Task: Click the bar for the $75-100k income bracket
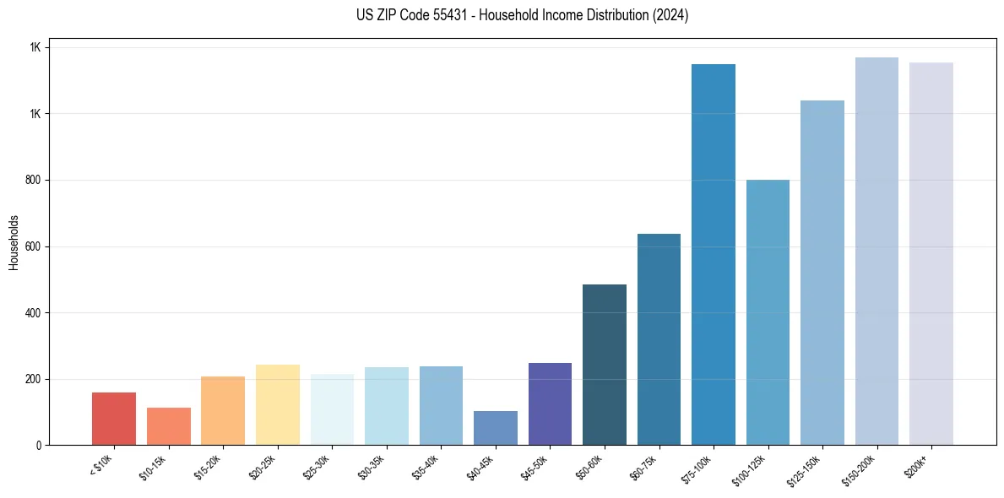click(x=714, y=254)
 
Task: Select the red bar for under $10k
click(x=114, y=419)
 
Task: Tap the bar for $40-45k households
click(x=496, y=428)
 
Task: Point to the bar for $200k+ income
click(x=931, y=253)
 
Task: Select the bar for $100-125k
click(x=768, y=312)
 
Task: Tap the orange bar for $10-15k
click(x=169, y=426)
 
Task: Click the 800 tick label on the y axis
click(x=33, y=181)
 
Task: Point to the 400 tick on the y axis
click(x=33, y=313)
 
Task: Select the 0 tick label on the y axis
click(x=39, y=446)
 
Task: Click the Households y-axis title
click(x=14, y=242)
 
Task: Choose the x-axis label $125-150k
click(x=805, y=468)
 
